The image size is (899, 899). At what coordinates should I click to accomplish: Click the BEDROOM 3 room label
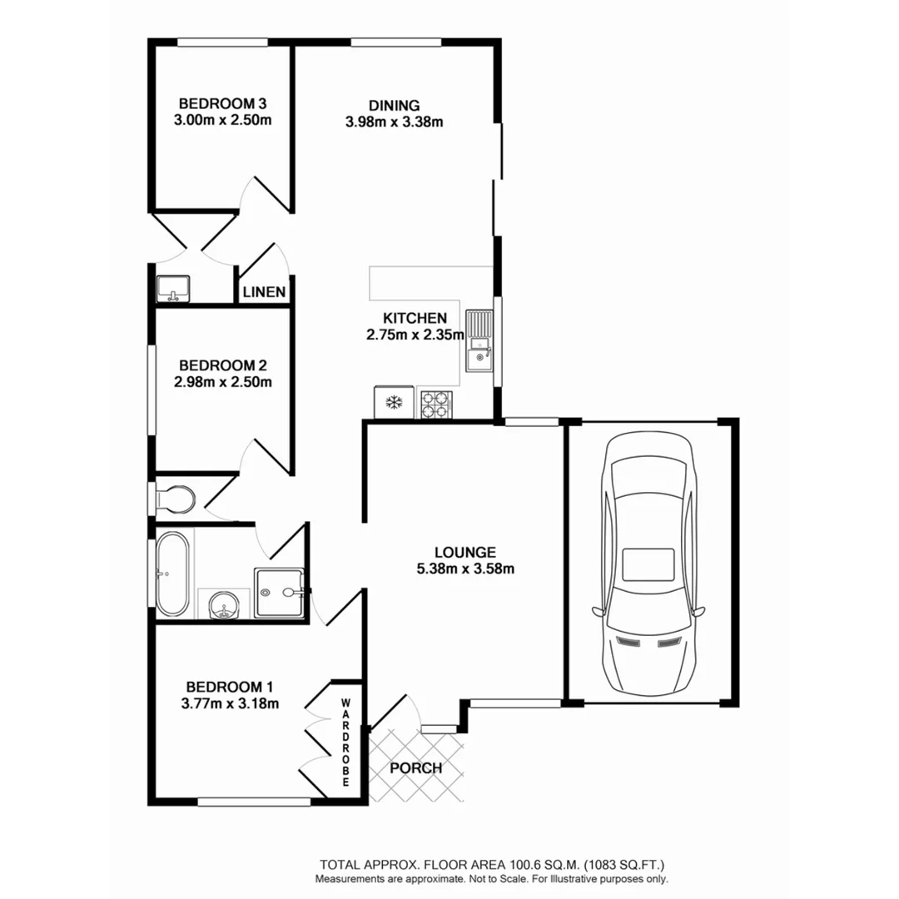point(222,104)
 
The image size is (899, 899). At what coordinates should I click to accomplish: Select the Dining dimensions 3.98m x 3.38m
point(394,122)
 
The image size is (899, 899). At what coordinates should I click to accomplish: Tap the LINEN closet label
point(265,292)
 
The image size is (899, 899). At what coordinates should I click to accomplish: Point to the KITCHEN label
point(415,318)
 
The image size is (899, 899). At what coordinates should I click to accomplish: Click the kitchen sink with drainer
point(479,341)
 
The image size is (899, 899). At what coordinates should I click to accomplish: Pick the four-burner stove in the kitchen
point(435,404)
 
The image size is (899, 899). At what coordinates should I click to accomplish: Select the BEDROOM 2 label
point(222,365)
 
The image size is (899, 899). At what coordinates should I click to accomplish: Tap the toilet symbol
point(176,499)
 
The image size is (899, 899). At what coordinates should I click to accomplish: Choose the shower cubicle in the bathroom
point(281,593)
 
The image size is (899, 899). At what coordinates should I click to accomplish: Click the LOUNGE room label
point(465,552)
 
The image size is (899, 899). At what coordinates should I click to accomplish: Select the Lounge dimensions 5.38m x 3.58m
point(465,569)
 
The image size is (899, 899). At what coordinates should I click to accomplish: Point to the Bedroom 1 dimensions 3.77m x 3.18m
point(229,703)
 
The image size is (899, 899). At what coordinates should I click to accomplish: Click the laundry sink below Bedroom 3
point(173,288)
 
